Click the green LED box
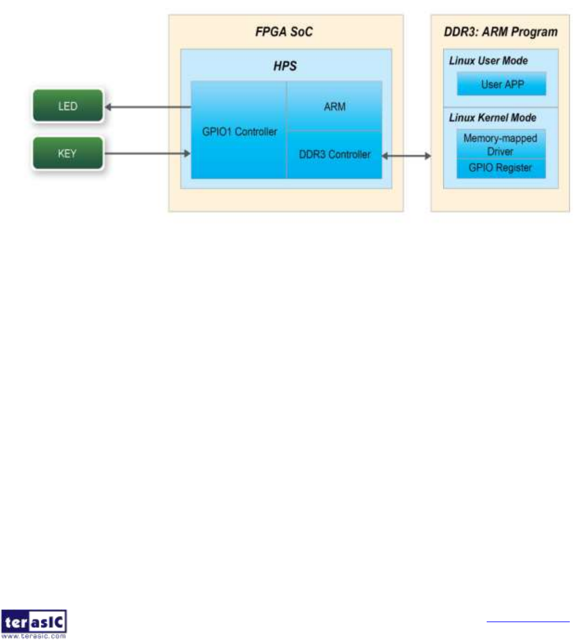click(68, 106)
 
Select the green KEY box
click(68, 153)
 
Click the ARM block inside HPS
click(335, 106)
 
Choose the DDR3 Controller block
click(335, 154)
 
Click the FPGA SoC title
click(285, 31)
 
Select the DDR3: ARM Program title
click(500, 31)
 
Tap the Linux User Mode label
click(488, 61)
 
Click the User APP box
click(501, 84)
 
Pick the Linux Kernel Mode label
click(492, 118)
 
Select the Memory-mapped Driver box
click(500, 144)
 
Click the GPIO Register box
click(500, 168)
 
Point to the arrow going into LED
click(148, 107)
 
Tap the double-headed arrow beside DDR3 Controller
click(407, 156)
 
